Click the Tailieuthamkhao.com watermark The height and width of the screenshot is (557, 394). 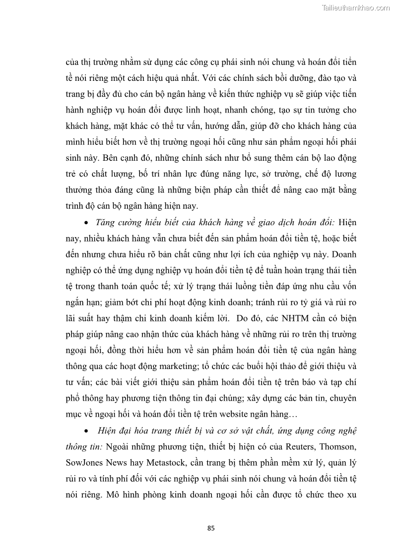[x=356, y=7]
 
